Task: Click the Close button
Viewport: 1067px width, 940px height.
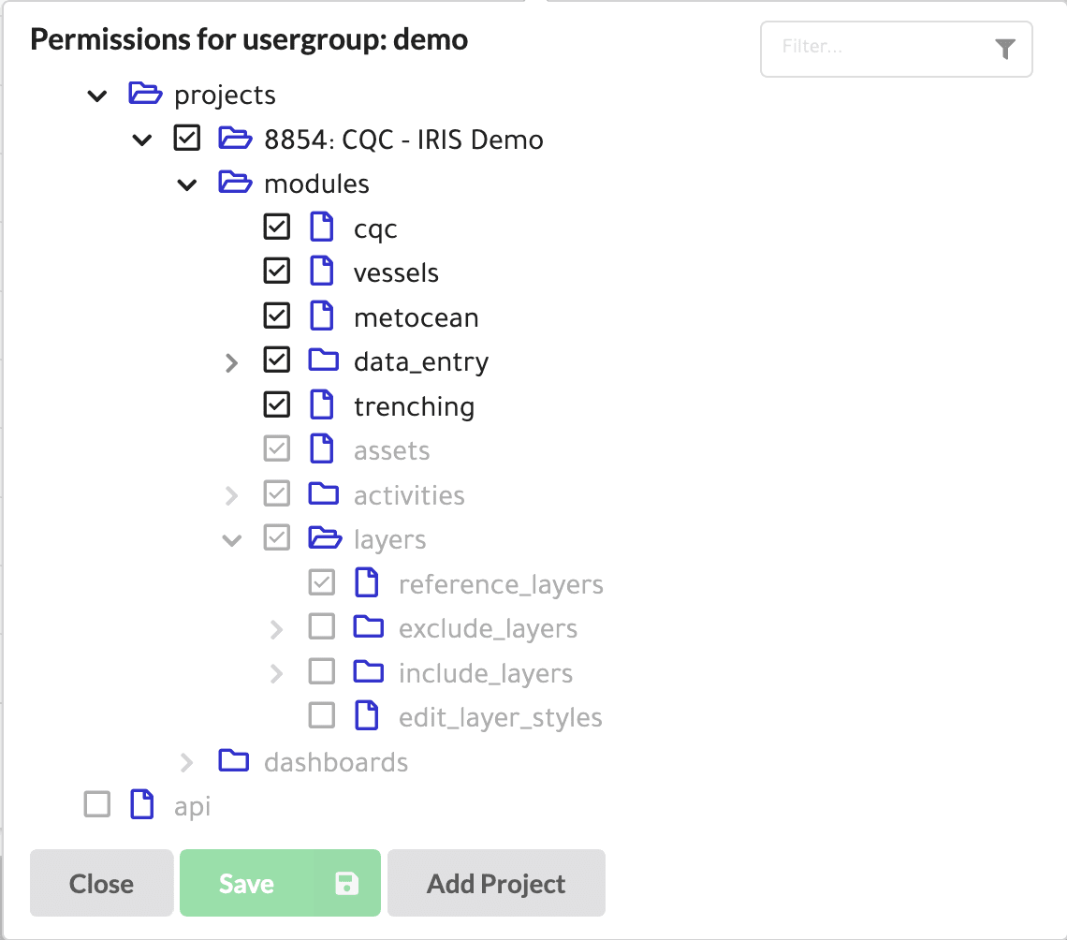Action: (101, 883)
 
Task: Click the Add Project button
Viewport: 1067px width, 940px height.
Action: (496, 883)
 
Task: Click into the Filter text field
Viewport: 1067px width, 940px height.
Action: (878, 48)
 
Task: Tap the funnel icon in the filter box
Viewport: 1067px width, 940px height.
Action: (1005, 49)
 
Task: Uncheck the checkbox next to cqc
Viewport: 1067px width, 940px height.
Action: (277, 227)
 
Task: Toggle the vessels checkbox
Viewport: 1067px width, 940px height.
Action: (277, 271)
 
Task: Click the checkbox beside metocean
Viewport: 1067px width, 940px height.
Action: (277, 316)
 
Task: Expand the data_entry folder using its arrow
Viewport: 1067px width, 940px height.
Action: (231, 362)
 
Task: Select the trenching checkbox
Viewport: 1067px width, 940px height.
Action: (277, 404)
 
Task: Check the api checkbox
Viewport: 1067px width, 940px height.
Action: (97, 804)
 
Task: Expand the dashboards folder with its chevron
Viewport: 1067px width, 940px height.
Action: (186, 762)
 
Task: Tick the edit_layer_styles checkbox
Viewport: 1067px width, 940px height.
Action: (322, 715)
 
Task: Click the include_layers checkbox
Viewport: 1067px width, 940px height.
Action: (322, 671)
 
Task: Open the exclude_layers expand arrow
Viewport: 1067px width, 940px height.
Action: (276, 629)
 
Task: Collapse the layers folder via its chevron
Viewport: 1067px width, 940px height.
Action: (232, 541)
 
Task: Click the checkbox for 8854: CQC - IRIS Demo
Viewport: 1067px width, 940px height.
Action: (187, 138)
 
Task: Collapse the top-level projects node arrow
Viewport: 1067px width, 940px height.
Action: (97, 96)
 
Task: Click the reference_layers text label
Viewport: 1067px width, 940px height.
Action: (501, 585)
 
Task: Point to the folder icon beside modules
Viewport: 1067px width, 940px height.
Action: (236, 183)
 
